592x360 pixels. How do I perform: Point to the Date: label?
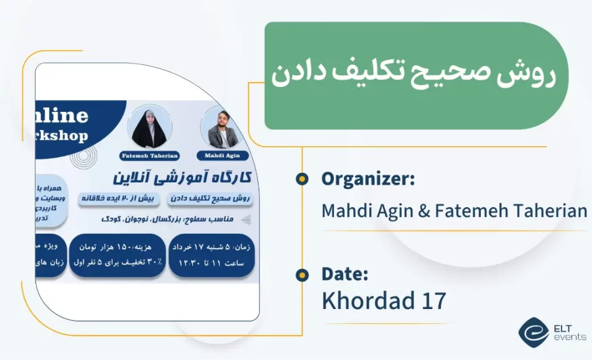pos(345,274)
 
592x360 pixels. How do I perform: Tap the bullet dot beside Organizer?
pos(302,179)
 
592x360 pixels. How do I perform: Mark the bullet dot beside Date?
pos(302,274)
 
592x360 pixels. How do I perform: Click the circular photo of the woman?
pos(149,127)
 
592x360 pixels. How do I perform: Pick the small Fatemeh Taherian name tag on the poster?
pos(149,155)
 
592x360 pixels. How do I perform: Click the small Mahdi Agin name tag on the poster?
pos(222,155)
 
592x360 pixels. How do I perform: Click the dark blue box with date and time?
pos(211,256)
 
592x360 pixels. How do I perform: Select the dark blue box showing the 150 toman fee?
pos(118,256)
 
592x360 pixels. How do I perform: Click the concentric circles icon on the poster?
pos(81,158)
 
